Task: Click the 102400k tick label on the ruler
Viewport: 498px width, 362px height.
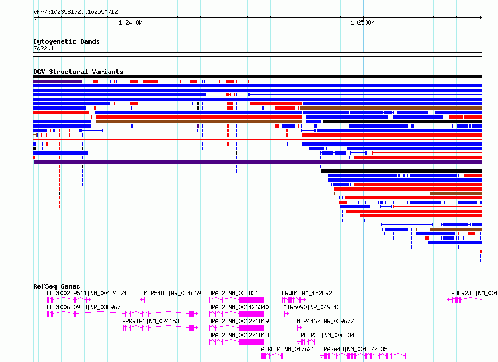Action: coord(130,22)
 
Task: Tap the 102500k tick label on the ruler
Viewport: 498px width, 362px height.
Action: coord(363,22)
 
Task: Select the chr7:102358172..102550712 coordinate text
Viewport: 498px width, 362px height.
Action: coord(76,12)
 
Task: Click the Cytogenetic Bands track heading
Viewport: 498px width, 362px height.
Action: coord(67,41)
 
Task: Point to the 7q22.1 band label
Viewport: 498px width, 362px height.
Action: coord(44,48)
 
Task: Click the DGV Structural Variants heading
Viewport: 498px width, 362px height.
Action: coord(78,72)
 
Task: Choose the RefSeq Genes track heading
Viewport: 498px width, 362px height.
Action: coord(57,286)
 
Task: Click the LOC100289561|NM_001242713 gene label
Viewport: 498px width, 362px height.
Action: coord(88,293)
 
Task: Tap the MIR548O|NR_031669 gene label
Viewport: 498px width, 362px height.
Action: coord(172,293)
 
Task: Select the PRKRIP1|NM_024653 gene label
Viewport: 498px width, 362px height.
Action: coord(151,321)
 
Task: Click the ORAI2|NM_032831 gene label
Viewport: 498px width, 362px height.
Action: coord(233,293)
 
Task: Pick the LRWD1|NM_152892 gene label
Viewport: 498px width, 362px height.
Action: coord(307,293)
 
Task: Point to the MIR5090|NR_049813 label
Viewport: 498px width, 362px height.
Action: coord(312,307)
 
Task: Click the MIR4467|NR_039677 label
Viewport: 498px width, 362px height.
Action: coord(325,321)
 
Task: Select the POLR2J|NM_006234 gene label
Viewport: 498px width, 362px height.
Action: coord(327,335)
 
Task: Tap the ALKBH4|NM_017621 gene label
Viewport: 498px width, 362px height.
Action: coord(288,349)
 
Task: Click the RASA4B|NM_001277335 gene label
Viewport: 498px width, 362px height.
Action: coord(355,349)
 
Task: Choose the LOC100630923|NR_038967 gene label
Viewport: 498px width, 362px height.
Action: coord(83,307)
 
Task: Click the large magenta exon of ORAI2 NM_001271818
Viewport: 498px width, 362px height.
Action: coord(251,342)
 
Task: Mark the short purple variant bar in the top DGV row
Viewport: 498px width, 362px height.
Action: coord(58,81)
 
